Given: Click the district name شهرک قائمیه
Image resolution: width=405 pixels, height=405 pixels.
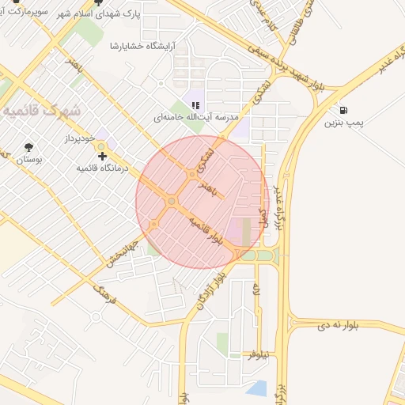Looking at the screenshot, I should click(x=43, y=112).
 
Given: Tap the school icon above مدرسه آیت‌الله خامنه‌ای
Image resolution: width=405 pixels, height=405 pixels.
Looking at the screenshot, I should click(x=196, y=105).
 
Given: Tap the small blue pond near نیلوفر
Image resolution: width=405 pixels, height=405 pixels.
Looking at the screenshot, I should click(x=255, y=388).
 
